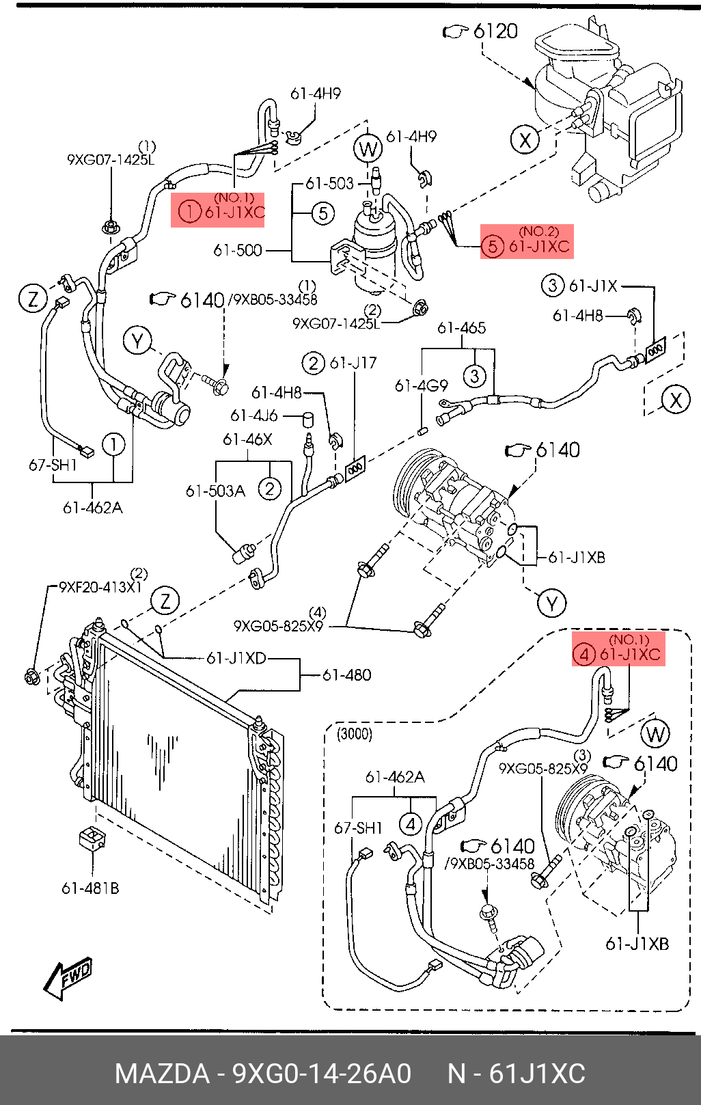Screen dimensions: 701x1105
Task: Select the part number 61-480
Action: pyautogui.click(x=347, y=675)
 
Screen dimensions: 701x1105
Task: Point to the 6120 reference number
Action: pyautogui.click(x=495, y=31)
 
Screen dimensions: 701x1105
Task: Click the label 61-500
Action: pyautogui.click(x=237, y=250)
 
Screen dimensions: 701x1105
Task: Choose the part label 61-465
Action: pyautogui.click(x=461, y=328)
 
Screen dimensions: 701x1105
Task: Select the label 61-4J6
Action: pyautogui.click(x=254, y=416)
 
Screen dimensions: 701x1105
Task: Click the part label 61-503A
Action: pyautogui.click(x=216, y=491)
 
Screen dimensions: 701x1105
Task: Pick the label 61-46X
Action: pyautogui.click(x=247, y=439)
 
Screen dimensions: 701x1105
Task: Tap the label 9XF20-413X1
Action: pyautogui.click(x=100, y=587)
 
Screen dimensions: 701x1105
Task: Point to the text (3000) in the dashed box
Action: pyautogui.click(x=355, y=735)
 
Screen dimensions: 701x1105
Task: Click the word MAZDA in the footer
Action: pyautogui.click(x=163, y=1074)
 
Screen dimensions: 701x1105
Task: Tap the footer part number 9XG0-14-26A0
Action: pyautogui.click(x=322, y=1074)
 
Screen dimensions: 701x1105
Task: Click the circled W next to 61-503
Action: pyautogui.click(x=368, y=148)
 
